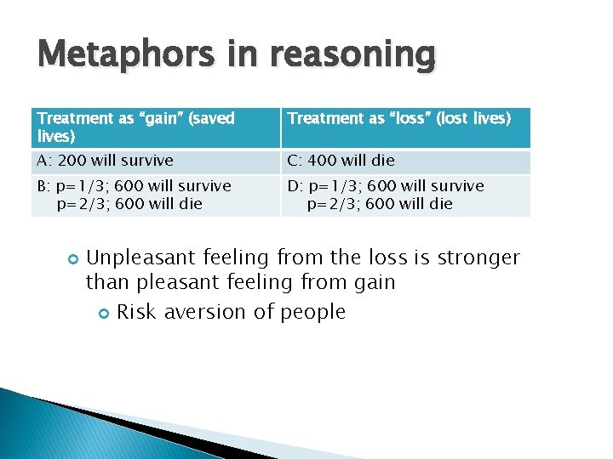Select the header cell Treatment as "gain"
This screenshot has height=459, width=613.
coord(156,127)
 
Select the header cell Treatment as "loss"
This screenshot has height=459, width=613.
coord(405,127)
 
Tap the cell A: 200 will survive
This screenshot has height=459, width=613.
coord(156,161)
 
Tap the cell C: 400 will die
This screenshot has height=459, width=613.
coord(405,161)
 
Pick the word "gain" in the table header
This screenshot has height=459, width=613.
coord(159,119)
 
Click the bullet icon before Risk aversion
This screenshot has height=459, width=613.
coord(103,313)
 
